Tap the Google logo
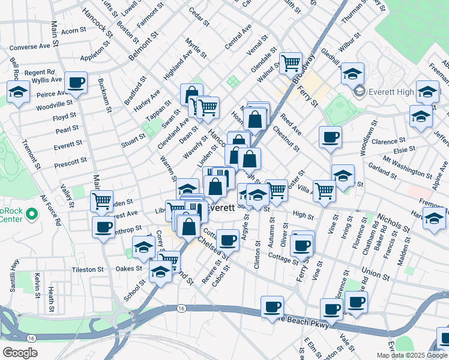tap(20, 353)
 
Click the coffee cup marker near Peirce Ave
tap(76, 83)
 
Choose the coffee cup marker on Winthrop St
tap(103, 227)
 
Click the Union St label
tap(376, 274)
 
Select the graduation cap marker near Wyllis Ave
tap(19, 92)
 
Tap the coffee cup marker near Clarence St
tap(330, 137)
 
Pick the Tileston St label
tap(88, 270)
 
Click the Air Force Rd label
tap(51, 210)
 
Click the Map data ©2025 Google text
tap(412, 355)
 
